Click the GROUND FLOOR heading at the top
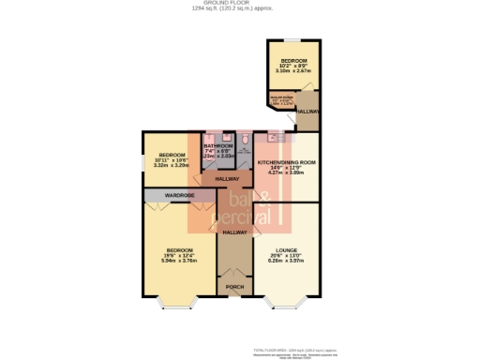[x=239, y=4]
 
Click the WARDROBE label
[x=179, y=195]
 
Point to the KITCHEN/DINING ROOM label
[x=286, y=162]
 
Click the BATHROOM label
[x=218, y=145]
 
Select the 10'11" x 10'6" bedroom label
[x=173, y=155]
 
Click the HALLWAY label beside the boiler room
[x=308, y=112]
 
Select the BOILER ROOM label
[x=281, y=95]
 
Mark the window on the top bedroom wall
[x=293, y=39]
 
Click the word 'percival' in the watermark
[x=246, y=219]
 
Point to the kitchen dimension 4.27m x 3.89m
[x=286, y=173]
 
